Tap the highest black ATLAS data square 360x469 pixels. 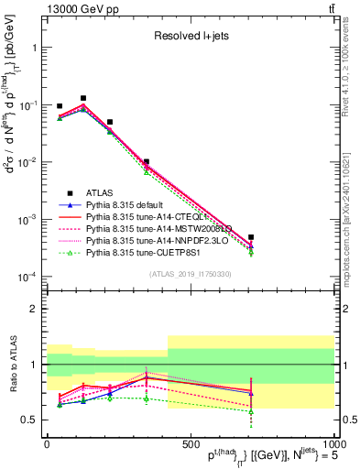(x=83, y=98)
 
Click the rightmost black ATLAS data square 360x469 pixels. (x=251, y=237)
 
